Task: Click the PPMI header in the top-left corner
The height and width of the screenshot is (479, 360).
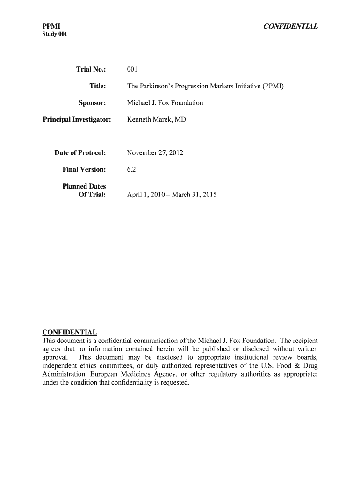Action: pyautogui.click(x=51, y=26)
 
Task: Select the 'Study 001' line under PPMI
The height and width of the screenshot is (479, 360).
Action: pyautogui.click(x=55, y=35)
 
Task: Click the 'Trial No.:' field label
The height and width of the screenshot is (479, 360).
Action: pyautogui.click(x=91, y=70)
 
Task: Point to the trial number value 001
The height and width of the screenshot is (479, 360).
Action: pyautogui.click(x=132, y=70)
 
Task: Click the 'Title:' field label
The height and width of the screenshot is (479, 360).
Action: pyautogui.click(x=98, y=86)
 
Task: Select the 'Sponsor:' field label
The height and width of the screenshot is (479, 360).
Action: pyautogui.click(x=92, y=102)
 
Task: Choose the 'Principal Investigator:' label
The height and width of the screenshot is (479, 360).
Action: pyautogui.click(x=77, y=119)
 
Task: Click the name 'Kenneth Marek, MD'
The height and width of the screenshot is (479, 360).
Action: pyautogui.click(x=156, y=119)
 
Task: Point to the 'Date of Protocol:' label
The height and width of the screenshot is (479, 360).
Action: pyautogui.click(x=80, y=153)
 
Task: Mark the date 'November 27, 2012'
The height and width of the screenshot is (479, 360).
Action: pyautogui.click(x=155, y=153)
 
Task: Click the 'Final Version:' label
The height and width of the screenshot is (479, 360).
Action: pyautogui.click(x=84, y=169)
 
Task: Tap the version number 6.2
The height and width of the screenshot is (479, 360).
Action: pyautogui.click(x=131, y=169)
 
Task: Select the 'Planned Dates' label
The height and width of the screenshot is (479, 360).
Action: pyautogui.click(x=84, y=186)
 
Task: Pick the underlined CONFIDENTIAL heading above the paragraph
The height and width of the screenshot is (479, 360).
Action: pyautogui.click(x=70, y=332)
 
